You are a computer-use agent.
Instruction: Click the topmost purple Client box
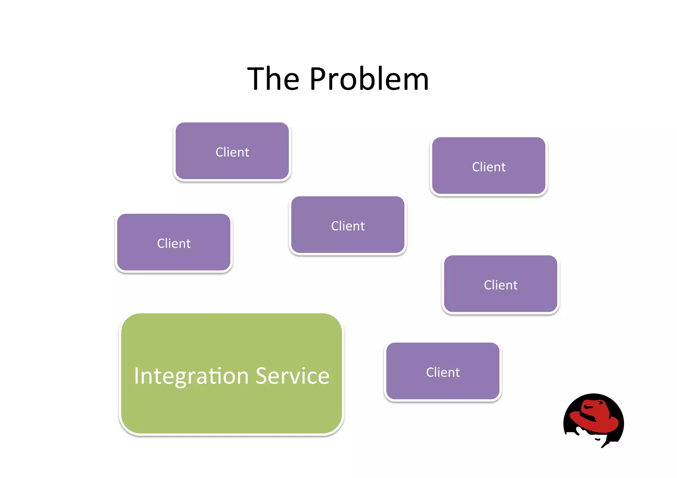tap(232, 151)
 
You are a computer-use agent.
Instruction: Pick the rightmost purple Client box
tap(500, 284)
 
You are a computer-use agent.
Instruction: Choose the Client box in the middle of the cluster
tap(348, 225)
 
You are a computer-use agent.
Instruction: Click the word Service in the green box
tap(293, 376)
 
